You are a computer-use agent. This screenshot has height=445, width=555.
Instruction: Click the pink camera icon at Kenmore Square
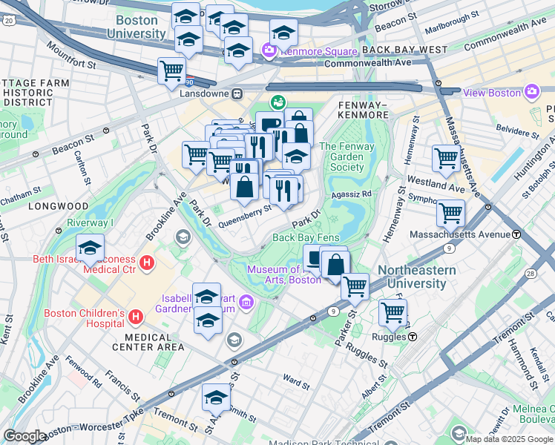pyautogui.click(x=268, y=50)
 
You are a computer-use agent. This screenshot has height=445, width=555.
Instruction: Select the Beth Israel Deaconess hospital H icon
pyautogui.click(x=147, y=263)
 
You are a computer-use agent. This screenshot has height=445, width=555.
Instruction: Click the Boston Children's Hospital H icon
pyautogui.click(x=135, y=317)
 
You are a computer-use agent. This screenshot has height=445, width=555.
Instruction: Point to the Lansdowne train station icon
pyautogui.click(x=237, y=94)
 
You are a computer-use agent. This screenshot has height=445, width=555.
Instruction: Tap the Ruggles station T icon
pyautogui.click(x=412, y=336)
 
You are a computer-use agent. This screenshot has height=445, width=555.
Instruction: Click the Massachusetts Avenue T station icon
pyautogui.click(x=516, y=234)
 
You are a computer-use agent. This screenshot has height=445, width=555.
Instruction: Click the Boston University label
pyautogui.click(x=136, y=27)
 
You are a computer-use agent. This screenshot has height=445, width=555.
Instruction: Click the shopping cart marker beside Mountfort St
pyautogui.click(x=171, y=72)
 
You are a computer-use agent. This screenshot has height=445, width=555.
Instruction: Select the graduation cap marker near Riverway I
pyautogui.click(x=90, y=247)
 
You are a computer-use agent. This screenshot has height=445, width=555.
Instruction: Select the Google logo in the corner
pyautogui.click(x=24, y=436)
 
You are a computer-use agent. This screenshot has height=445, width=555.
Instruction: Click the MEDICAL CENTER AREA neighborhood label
pyautogui.click(x=149, y=346)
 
